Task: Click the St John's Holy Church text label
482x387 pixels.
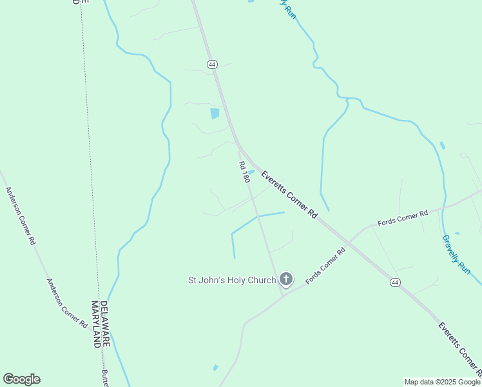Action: click(x=231, y=280)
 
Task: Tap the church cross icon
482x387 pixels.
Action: click(x=286, y=279)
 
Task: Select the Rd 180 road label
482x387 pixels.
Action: click(x=244, y=172)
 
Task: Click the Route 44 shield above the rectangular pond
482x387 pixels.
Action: click(x=212, y=64)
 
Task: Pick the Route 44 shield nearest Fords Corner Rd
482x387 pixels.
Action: click(x=394, y=283)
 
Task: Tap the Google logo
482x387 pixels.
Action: click(x=21, y=379)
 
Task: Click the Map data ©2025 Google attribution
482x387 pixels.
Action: click(x=441, y=382)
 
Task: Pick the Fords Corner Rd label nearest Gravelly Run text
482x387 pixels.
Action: click(x=403, y=217)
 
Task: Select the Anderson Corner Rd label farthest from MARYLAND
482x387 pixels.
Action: click(x=20, y=216)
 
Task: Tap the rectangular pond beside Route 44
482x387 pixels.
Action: click(x=215, y=114)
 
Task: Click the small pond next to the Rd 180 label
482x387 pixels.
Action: click(x=252, y=172)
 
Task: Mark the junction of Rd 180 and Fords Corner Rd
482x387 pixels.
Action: click(x=283, y=295)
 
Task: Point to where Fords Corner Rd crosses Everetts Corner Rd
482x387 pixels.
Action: click(x=349, y=243)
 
